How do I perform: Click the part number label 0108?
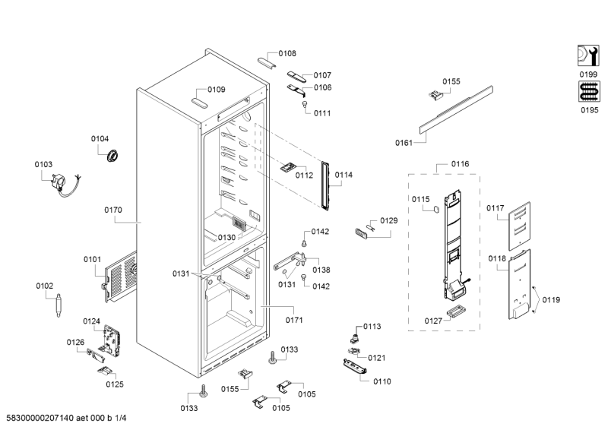[287, 53]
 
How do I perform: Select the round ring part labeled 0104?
[113, 156]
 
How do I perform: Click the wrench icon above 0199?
[587, 55]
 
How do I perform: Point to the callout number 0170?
[114, 210]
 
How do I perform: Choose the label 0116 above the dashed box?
[460, 164]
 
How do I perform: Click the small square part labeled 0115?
[435, 210]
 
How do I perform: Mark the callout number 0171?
[294, 320]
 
